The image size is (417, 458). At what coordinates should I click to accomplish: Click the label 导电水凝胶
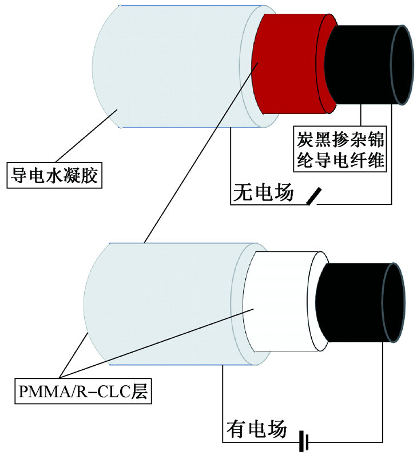(53, 175)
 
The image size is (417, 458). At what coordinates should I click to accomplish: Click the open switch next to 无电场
(313, 196)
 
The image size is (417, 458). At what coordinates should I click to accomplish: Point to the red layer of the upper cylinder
(292, 63)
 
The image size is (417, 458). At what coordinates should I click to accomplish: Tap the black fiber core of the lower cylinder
(349, 303)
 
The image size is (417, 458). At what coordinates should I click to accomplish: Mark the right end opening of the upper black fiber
(403, 65)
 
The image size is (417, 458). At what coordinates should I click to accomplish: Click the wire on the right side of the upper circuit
(392, 155)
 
